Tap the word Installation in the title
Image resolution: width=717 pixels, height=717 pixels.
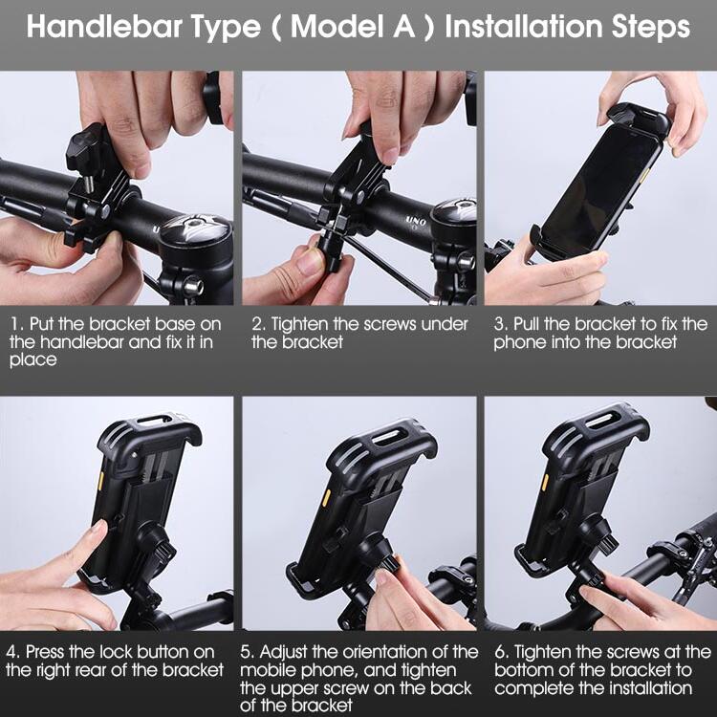pyautogui.click(x=523, y=27)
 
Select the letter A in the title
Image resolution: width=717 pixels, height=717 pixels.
pyautogui.click(x=403, y=27)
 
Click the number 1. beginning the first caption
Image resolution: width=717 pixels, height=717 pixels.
pyautogui.click(x=16, y=324)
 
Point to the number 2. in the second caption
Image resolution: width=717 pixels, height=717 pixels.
pyautogui.click(x=259, y=324)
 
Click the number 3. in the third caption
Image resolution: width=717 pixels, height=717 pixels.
pyautogui.click(x=501, y=324)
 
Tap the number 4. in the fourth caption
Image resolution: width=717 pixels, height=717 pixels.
pyautogui.click(x=12, y=652)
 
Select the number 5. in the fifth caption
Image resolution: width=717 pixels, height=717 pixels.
pyautogui.click(x=248, y=652)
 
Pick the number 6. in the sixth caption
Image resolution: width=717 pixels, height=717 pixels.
pyautogui.click(x=502, y=652)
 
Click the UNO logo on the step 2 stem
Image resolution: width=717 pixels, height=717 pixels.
pyautogui.click(x=416, y=222)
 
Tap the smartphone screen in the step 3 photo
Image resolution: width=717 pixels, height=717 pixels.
pyautogui.click(x=600, y=188)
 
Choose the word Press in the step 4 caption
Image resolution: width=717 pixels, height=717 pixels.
pyautogui.click(x=46, y=652)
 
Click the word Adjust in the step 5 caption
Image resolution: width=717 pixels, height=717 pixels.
pyautogui.click(x=285, y=653)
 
